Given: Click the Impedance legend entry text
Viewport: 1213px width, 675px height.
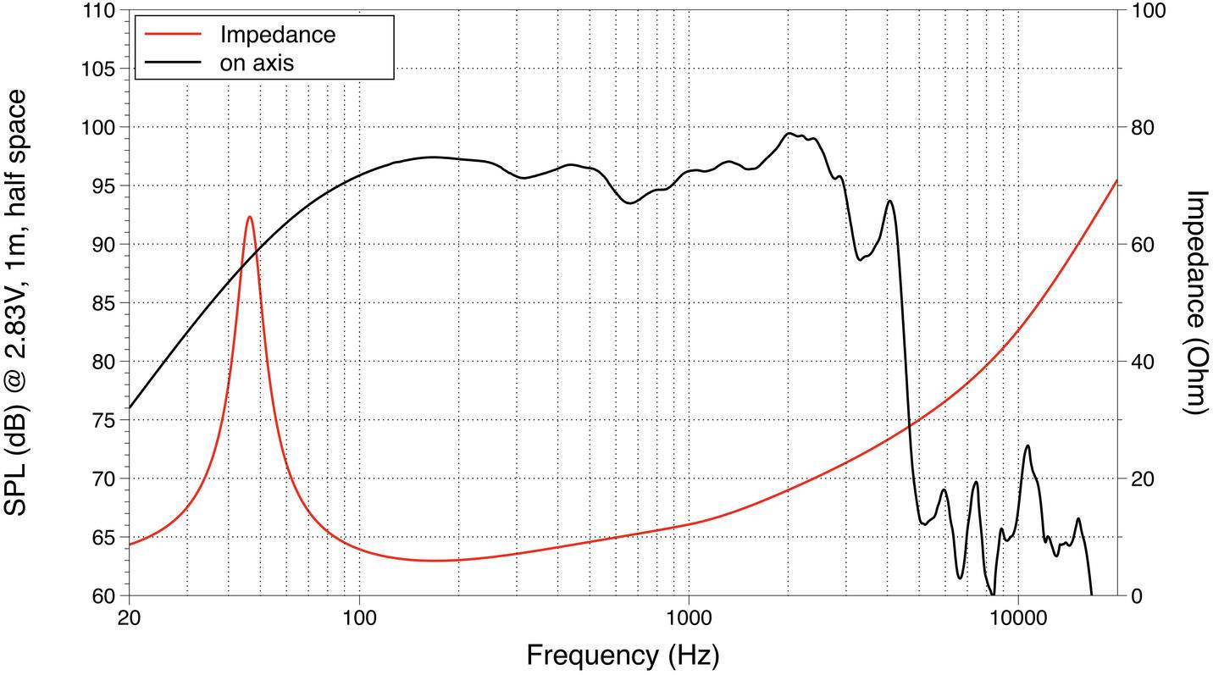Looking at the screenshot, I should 277,35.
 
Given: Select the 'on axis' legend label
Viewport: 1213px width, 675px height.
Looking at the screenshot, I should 257,63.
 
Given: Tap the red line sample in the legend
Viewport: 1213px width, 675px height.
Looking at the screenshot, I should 174,35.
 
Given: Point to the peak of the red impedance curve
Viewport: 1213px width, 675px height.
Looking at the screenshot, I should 249,217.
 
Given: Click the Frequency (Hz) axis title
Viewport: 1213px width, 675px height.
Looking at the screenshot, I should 623,655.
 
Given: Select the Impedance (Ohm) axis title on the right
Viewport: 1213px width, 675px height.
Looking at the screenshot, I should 1194,302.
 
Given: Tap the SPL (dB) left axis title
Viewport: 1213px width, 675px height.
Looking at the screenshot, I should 19,302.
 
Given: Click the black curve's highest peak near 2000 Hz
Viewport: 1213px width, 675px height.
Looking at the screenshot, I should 789,133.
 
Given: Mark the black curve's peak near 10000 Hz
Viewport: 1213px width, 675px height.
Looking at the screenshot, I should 1027,445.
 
